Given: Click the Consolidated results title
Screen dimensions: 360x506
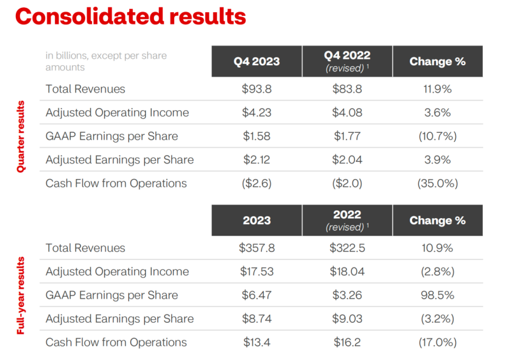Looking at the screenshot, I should [x=130, y=16].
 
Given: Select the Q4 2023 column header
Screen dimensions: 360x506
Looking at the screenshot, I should [x=256, y=62].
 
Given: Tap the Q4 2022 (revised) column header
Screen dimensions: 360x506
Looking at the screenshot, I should [x=347, y=62].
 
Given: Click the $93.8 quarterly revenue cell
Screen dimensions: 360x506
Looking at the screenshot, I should [x=256, y=89].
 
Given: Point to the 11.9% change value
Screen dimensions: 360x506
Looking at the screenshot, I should [x=437, y=89].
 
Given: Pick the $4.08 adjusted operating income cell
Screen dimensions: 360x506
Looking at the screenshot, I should [x=347, y=113].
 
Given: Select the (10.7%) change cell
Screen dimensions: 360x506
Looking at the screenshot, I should [x=437, y=136].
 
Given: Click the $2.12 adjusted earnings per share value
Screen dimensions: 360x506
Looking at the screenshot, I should [x=256, y=160].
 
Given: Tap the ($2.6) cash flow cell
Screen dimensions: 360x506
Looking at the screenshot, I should [x=256, y=183].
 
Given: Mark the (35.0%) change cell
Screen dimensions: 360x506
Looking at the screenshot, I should [x=437, y=183].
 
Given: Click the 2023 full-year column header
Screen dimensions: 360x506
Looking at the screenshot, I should [x=256, y=220].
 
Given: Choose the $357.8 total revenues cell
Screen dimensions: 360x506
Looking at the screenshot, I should [x=256, y=248].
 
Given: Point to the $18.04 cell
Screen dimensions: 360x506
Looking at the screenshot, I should [x=347, y=272].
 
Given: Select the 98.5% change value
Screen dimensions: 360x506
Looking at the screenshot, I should [x=437, y=295].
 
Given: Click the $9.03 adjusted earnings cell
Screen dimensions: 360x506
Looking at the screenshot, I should [x=347, y=319].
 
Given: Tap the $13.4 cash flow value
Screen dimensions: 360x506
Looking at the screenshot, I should [x=256, y=342].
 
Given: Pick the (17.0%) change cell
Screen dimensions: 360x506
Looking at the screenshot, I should [x=437, y=342].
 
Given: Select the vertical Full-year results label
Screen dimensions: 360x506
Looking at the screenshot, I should [x=21, y=295].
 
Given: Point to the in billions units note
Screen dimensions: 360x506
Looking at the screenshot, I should [x=106, y=62].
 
